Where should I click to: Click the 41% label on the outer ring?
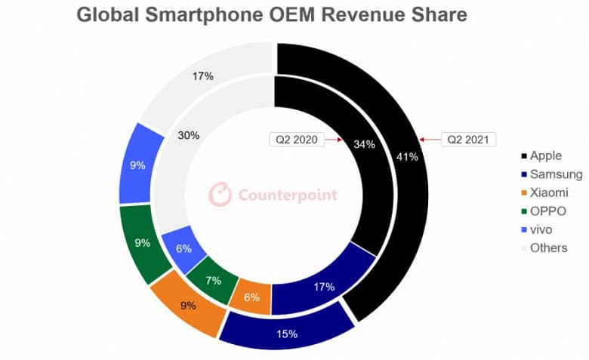coord(407,156)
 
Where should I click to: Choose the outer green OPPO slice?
coord(141,245)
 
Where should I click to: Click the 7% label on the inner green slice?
coord(213,280)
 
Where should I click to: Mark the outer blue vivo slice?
coord(138,165)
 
